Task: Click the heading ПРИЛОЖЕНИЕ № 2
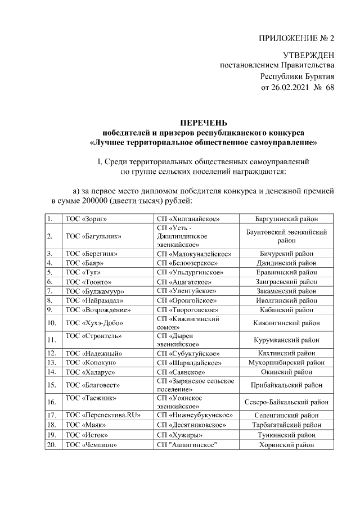pos(296,39)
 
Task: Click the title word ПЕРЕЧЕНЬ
pos(204,122)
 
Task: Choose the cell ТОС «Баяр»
pos(84,263)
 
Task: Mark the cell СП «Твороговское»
pos(187,309)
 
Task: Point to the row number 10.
pos(52,323)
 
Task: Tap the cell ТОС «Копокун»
pos(89,363)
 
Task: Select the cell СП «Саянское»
pos(180,372)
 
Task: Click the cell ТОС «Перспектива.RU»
pos(102,415)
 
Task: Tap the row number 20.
pos(52,444)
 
